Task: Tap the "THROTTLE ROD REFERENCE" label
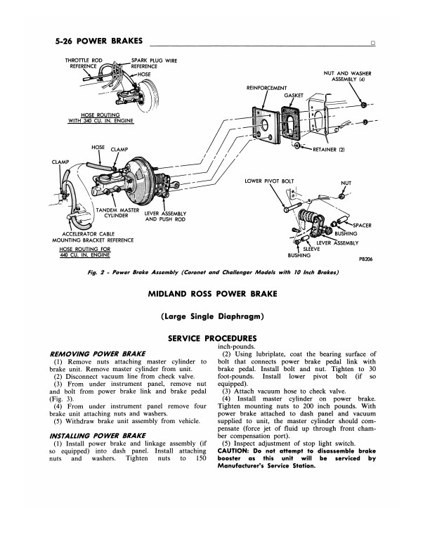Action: (86, 64)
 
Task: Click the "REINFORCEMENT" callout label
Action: (268, 88)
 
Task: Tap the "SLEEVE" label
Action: (311, 248)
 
